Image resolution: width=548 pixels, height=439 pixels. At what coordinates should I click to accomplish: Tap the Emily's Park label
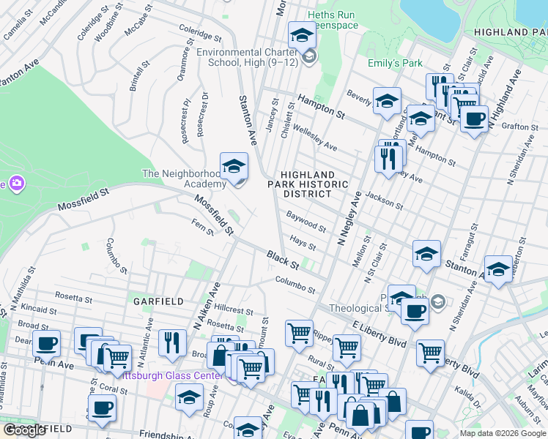pos(394,64)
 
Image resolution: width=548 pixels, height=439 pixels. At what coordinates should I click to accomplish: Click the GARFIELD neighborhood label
pos(153,301)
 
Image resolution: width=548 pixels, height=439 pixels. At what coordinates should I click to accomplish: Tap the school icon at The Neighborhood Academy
pos(234,168)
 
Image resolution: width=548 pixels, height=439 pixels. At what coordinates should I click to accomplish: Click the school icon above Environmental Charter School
pos(301,35)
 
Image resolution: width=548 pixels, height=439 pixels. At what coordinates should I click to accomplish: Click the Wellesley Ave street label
pos(316,139)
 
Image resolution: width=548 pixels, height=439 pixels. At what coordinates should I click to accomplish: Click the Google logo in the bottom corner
pos(25,430)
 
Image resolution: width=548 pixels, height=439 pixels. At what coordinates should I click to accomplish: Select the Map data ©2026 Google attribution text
pos(502,433)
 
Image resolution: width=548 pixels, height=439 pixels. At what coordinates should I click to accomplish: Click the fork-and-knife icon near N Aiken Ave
pos(172,342)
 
